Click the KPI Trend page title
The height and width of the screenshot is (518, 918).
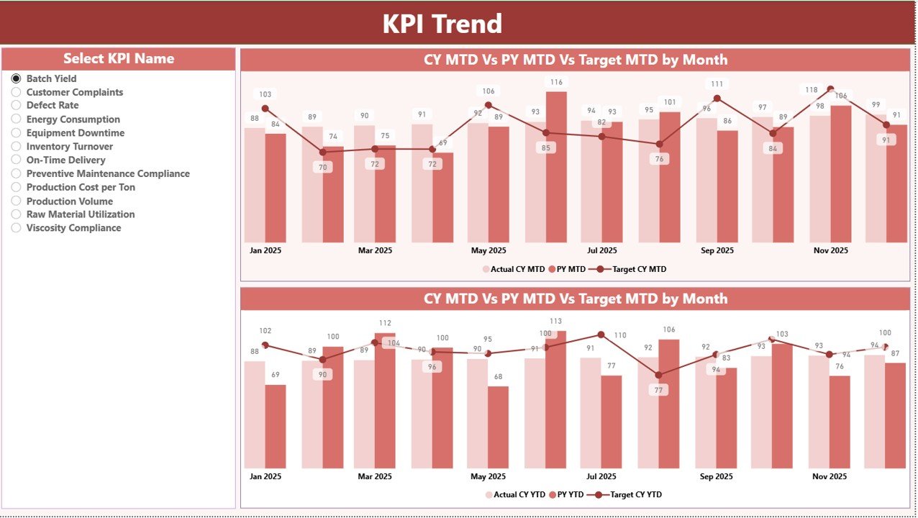point(442,24)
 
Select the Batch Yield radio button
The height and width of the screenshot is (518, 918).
point(17,78)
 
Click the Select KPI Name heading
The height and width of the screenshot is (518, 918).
point(119,59)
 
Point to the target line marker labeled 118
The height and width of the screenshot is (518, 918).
point(831,89)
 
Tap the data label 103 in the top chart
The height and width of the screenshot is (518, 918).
point(265,94)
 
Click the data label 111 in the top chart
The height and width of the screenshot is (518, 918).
point(717,84)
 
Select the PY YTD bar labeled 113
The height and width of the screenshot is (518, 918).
point(556,399)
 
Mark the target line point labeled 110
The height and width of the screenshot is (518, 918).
point(601,335)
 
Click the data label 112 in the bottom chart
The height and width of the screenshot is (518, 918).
point(385,323)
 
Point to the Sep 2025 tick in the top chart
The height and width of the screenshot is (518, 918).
point(717,250)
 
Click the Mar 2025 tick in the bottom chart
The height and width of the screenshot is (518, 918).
point(374,476)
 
